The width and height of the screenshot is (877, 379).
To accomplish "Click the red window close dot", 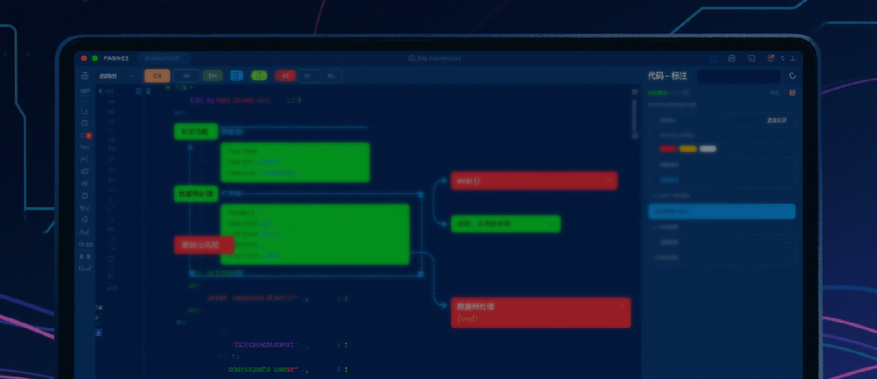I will [x=84, y=58].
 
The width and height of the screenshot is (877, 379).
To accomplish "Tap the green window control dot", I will [x=95, y=58].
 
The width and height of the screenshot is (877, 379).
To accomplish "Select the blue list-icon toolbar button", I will [x=236, y=75].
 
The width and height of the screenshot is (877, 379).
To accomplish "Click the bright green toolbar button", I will [x=259, y=75].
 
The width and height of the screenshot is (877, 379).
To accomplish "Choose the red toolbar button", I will [x=285, y=75].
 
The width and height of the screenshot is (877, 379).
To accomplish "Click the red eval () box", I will [x=534, y=181].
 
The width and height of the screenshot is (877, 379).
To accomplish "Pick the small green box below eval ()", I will [x=505, y=223].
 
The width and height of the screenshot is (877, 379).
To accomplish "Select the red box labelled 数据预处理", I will [x=540, y=312].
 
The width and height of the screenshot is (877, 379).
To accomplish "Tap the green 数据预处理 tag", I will [x=196, y=194].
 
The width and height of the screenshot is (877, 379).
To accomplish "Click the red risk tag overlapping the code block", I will [x=203, y=245].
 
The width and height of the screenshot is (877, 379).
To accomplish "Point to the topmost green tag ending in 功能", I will [x=195, y=132].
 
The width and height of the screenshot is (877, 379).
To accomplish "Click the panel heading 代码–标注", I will [x=667, y=76].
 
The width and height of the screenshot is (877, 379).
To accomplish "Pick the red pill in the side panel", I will [x=668, y=149].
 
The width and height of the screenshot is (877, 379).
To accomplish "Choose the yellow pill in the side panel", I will [x=688, y=149].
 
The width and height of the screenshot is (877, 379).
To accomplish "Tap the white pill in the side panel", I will [x=708, y=149].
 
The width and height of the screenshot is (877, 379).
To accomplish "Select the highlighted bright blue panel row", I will [x=721, y=211].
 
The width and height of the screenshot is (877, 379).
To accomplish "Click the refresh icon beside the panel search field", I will [x=793, y=76].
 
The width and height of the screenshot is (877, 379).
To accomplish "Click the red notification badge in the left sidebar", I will [x=89, y=136].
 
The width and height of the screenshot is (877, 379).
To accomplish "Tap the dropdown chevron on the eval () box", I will [x=609, y=181].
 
